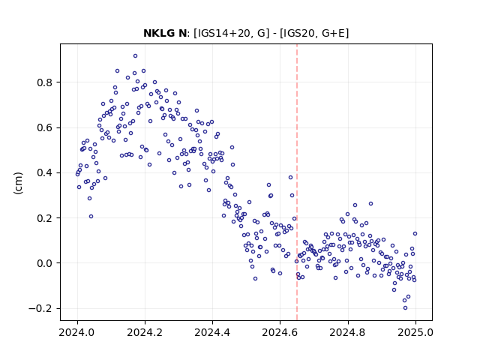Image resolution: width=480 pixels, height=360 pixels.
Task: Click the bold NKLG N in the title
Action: click(165, 33)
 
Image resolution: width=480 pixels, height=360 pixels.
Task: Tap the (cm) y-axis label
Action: click(18, 183)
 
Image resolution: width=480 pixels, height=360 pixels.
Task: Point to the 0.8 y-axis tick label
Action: click(45, 82)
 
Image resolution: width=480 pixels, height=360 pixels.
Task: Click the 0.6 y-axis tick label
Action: click(45, 127)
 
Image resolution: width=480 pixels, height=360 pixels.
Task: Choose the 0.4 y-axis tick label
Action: click(45, 173)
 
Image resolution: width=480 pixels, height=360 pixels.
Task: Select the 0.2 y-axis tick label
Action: click(45, 218)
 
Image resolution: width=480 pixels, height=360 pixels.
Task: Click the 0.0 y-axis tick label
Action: click(45, 263)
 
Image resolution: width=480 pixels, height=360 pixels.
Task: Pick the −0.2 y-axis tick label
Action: click(41, 308)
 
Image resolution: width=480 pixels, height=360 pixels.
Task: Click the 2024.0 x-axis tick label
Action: click(77, 332)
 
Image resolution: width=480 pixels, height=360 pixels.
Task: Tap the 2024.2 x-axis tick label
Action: click(145, 332)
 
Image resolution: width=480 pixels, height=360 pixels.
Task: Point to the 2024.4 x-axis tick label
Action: click(212, 332)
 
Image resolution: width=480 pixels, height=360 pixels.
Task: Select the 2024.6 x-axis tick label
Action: click(280, 332)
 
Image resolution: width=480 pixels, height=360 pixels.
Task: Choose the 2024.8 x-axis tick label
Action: click(348, 332)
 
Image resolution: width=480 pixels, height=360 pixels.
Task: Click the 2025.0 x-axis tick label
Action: click(415, 332)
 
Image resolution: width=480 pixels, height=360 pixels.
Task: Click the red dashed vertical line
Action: click(297, 182)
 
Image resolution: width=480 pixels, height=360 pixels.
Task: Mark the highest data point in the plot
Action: click(135, 55)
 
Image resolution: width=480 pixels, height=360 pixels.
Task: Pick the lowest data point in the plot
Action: click(405, 308)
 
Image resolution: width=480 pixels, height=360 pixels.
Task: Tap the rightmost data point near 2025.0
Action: click(415, 233)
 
